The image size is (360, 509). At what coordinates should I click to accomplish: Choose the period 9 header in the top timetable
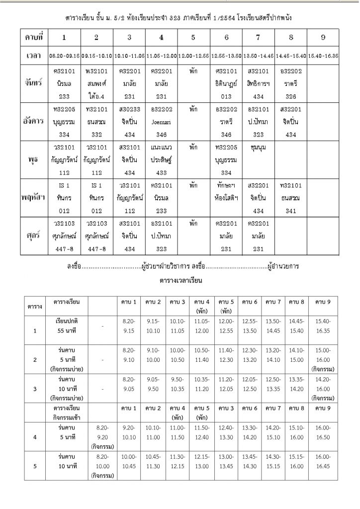(x=323, y=38)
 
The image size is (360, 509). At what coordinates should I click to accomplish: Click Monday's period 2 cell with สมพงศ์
(x=96, y=83)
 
